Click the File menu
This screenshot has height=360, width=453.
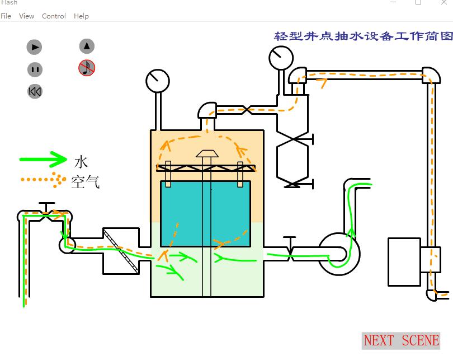(6, 16)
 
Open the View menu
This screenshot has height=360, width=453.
(26, 16)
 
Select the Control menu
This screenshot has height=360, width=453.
(54, 16)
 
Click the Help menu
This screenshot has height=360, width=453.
(81, 16)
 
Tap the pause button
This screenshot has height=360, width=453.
(35, 69)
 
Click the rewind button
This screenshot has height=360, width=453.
(35, 91)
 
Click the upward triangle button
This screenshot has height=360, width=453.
(87, 46)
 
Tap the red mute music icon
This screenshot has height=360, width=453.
(87, 68)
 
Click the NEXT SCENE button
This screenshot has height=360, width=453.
(401, 340)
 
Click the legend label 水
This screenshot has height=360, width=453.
(81, 161)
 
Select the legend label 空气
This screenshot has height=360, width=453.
(85, 181)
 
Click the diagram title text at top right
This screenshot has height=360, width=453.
(363, 36)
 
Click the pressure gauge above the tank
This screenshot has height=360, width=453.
(158, 81)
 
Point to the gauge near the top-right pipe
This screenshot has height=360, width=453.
(281, 57)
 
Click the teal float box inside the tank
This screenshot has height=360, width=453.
(205, 213)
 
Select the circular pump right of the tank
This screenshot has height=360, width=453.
(339, 254)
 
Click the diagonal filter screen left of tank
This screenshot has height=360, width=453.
(120, 251)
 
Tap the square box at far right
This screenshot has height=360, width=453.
(404, 262)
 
